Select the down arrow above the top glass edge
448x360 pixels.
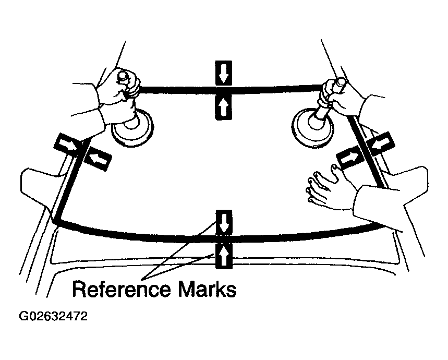click(x=224, y=74)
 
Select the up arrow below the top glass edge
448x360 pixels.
click(x=224, y=107)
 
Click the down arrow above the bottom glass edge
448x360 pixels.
click(x=224, y=222)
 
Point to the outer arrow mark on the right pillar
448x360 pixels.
click(x=379, y=142)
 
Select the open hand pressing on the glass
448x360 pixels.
click(x=329, y=187)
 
